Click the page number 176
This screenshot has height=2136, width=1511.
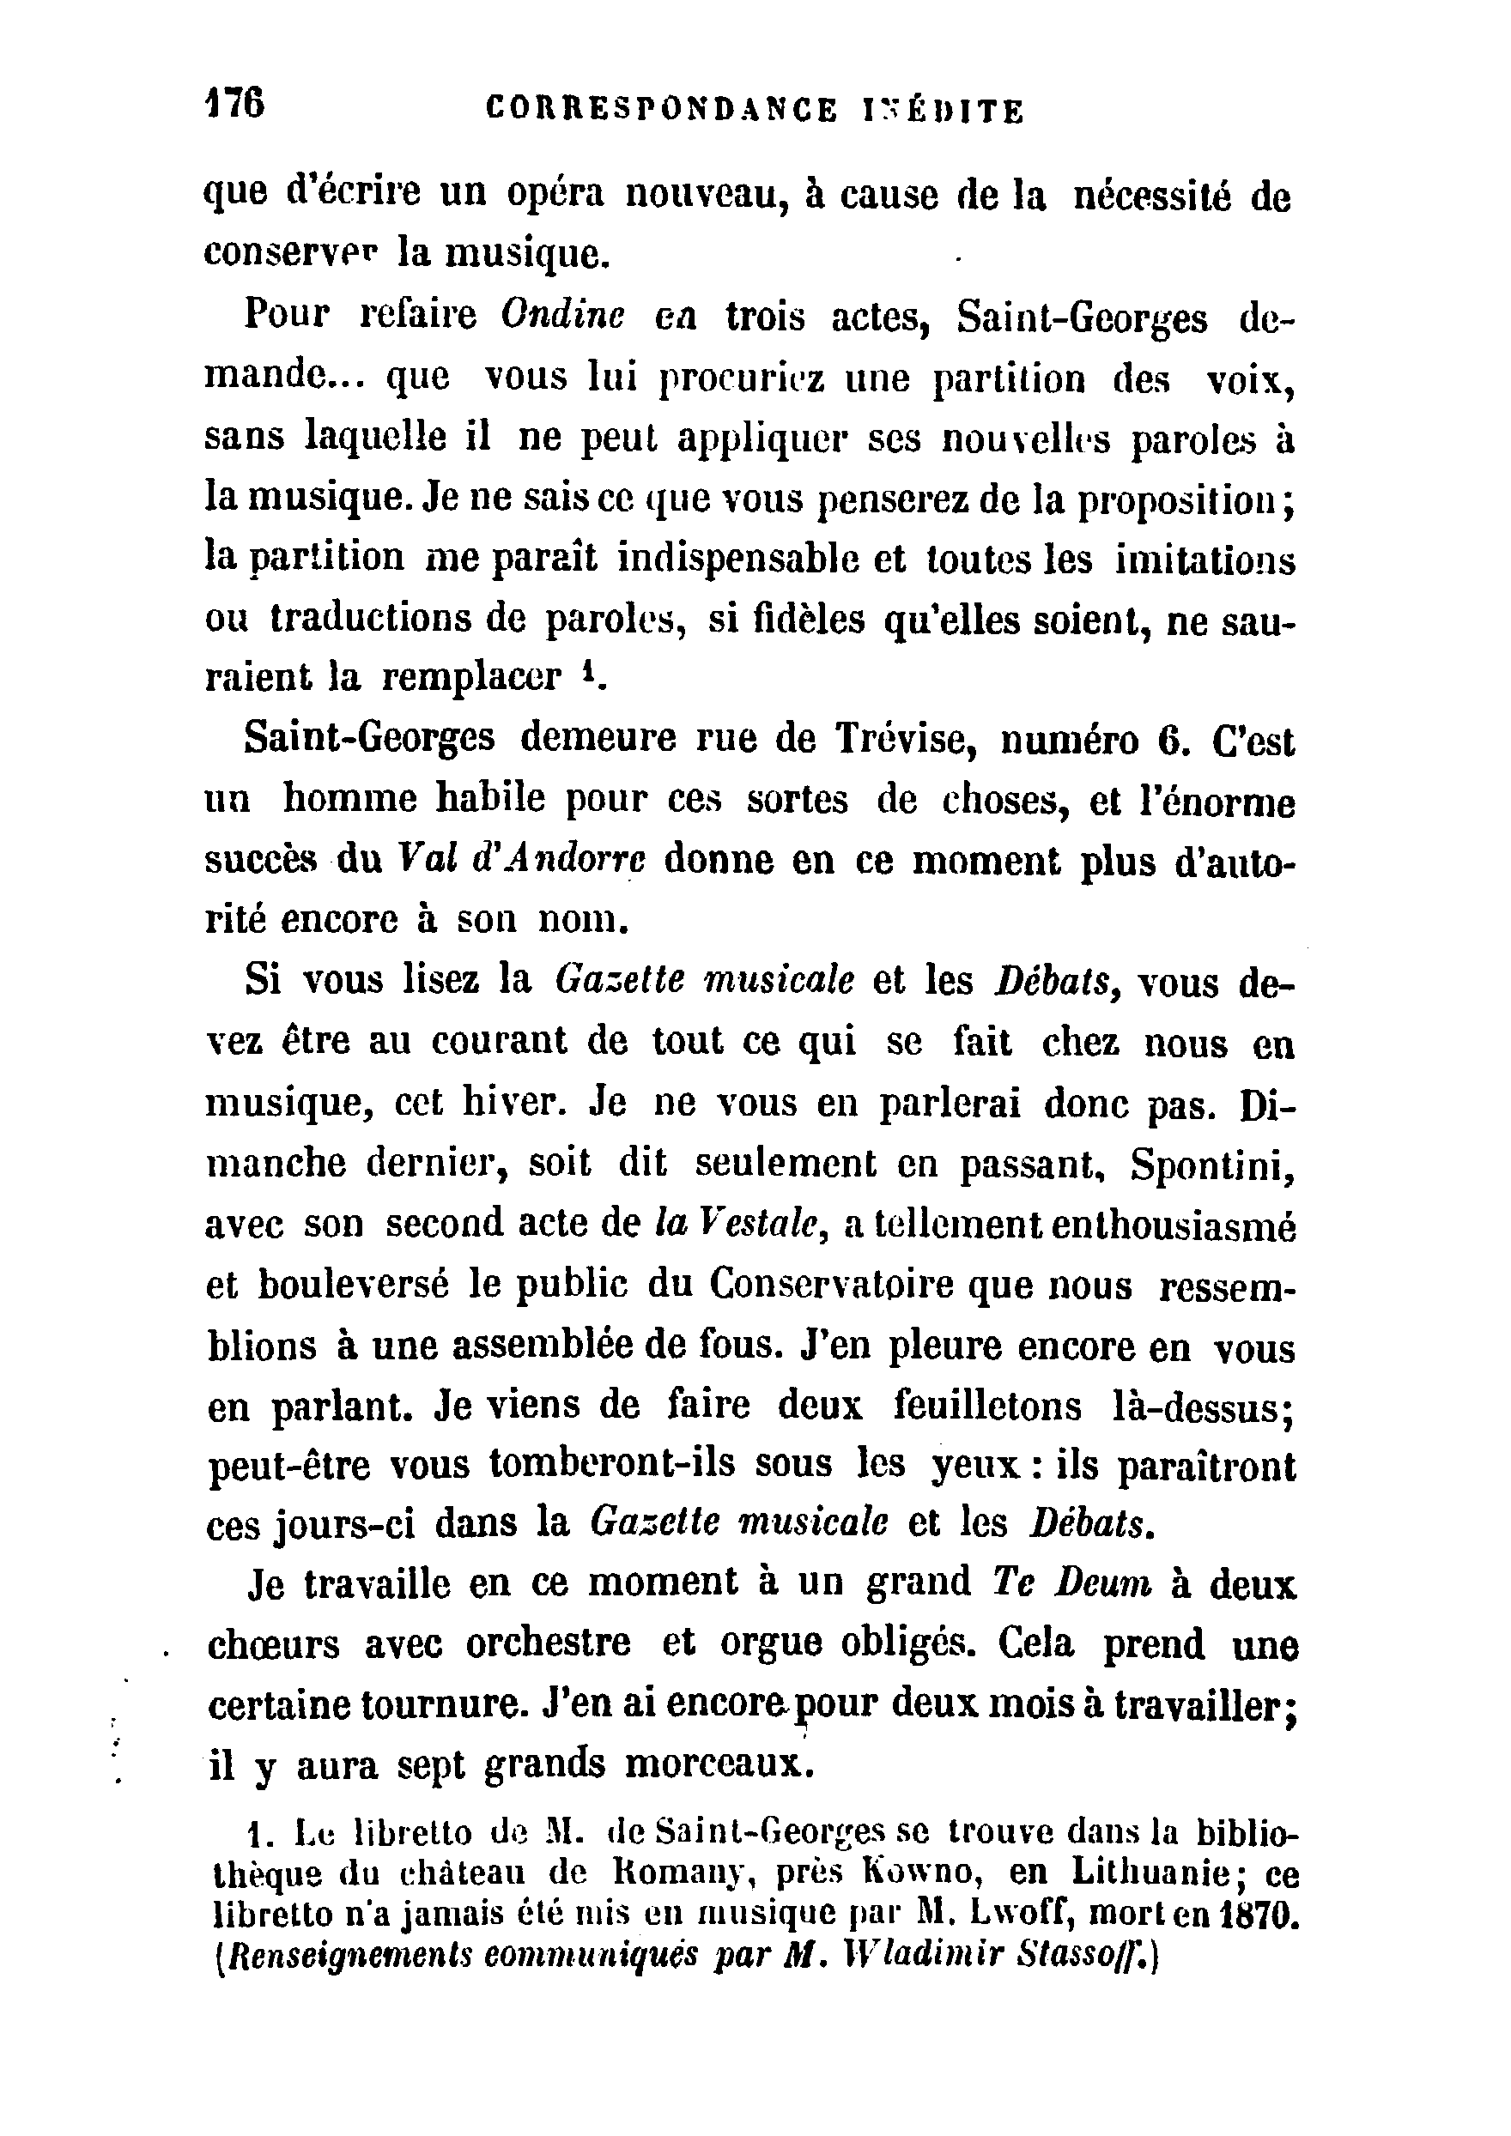coord(234,102)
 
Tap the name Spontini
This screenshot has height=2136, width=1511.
coord(1211,1165)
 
